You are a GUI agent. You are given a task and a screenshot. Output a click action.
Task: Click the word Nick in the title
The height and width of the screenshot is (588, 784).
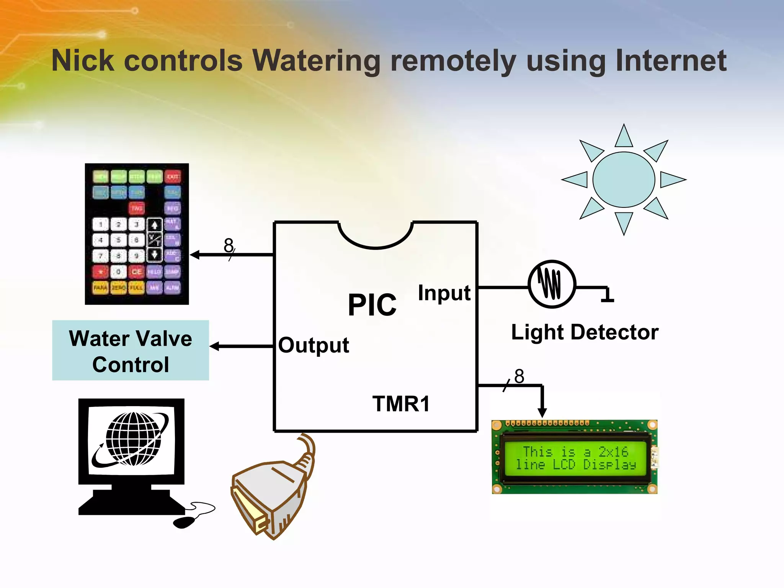point(83,60)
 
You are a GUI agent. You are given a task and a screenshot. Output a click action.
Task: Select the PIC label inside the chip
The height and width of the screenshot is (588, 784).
point(372,305)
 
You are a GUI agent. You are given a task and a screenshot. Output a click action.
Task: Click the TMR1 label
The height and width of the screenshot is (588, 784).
point(401,404)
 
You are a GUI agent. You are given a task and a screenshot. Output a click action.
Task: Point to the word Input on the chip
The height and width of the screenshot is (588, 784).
point(444,293)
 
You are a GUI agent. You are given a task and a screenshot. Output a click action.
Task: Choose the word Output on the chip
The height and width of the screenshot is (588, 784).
point(314,345)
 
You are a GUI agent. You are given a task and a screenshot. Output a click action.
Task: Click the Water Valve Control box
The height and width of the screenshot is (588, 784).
point(131,351)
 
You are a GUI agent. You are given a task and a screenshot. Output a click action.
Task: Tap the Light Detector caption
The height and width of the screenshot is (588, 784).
point(585,332)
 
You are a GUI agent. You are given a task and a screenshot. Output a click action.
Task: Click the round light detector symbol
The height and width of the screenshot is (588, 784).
point(552,284)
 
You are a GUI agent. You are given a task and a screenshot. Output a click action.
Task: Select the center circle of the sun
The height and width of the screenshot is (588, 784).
point(624,180)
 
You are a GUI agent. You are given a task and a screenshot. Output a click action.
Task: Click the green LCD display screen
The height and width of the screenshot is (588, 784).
point(575,458)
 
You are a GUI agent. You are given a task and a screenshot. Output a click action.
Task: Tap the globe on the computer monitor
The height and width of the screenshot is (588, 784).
point(133,439)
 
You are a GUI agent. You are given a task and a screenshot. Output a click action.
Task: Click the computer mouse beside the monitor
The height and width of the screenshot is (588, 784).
point(184,522)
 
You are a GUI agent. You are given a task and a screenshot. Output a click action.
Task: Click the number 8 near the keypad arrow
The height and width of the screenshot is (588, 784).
point(229,245)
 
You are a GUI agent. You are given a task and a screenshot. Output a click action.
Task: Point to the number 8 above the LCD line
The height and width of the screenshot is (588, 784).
point(519,376)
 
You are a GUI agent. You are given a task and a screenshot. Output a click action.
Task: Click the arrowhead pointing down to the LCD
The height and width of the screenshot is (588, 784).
point(542,413)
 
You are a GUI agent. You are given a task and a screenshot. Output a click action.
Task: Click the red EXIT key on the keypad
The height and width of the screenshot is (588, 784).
point(173,177)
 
